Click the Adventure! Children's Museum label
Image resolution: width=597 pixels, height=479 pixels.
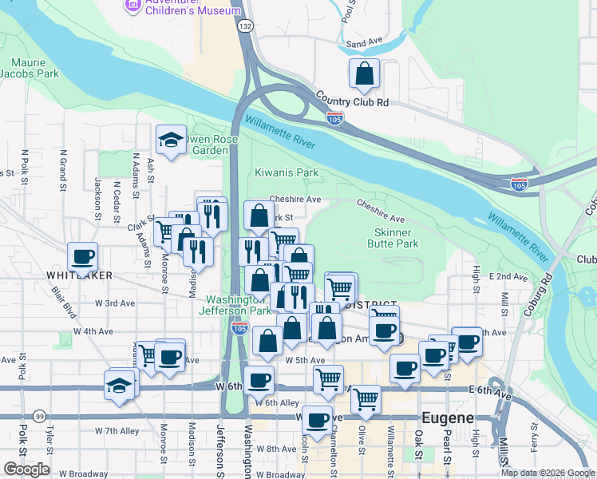click(x=190, y=7)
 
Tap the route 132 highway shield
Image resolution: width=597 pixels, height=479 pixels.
click(x=246, y=26)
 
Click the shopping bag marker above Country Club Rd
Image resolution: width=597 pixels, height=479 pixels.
click(x=364, y=74)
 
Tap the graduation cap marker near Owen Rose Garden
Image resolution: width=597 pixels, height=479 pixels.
click(x=171, y=141)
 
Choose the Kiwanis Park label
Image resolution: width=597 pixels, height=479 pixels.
click(x=287, y=172)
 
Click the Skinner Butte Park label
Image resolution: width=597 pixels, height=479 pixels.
click(x=396, y=238)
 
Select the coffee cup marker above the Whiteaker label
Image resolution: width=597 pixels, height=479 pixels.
click(x=83, y=257)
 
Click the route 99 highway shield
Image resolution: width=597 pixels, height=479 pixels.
click(x=40, y=416)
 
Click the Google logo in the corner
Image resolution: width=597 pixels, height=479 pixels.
click(x=26, y=469)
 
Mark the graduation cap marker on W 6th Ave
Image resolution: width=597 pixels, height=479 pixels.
click(x=119, y=386)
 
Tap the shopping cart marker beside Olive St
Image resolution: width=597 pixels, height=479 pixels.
click(x=366, y=399)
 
